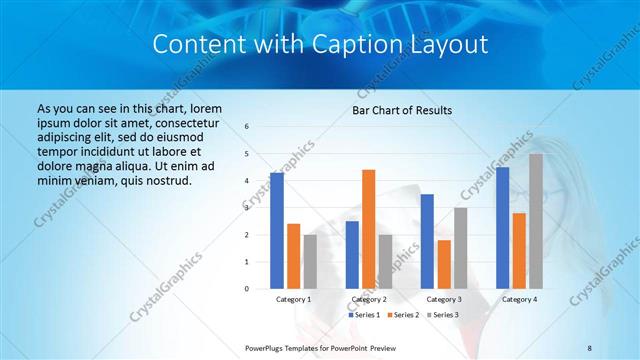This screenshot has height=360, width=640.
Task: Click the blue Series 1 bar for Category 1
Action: (277, 231)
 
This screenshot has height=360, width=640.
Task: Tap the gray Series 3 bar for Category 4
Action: (536, 221)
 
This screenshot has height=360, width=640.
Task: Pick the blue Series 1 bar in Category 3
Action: (427, 241)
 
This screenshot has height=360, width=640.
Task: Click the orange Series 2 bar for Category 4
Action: (519, 250)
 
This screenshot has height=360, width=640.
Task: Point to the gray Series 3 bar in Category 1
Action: (310, 261)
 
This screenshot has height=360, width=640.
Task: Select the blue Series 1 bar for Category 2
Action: (352, 255)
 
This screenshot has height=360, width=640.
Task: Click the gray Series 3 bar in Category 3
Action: (461, 248)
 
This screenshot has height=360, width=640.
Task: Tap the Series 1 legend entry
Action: (365, 315)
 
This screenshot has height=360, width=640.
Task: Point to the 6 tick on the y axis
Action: (247, 127)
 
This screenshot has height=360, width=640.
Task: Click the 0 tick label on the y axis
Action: (247, 289)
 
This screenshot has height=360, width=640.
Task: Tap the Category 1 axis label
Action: (294, 299)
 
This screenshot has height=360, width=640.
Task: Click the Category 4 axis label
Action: (519, 299)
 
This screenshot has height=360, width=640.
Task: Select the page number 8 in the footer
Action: (590, 347)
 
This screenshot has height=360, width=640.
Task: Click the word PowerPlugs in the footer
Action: (265, 347)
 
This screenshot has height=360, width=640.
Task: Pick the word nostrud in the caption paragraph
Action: (164, 180)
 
